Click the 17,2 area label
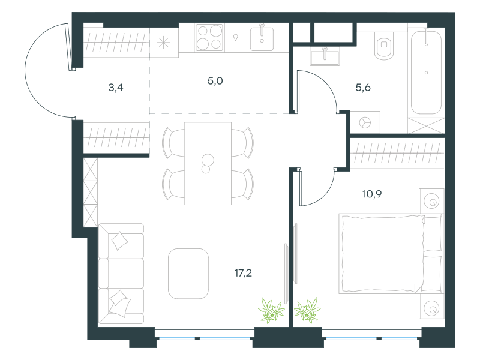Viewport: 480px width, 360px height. coord(244,273)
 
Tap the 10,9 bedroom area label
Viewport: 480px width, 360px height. coord(372,194)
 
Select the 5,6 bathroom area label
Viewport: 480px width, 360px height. coord(363,88)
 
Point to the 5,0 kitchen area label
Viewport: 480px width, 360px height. coord(215,81)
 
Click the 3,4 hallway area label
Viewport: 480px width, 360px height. coord(116,88)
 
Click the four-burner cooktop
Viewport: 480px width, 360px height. coord(209,37)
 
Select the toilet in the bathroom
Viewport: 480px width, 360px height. coord(384,46)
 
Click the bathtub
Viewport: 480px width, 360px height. coord(426,72)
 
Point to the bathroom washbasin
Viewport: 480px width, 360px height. coord(325,56)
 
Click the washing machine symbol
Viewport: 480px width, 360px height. coord(365,122)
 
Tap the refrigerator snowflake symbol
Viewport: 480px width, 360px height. coord(163,42)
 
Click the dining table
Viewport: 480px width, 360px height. coord(208,163)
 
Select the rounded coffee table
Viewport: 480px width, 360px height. coord(188,274)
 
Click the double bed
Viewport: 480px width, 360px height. coord(391,254)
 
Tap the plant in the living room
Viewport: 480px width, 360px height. coord(271,310)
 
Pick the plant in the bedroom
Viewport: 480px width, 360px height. coord(307,310)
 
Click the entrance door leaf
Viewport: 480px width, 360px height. coord(70,47)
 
